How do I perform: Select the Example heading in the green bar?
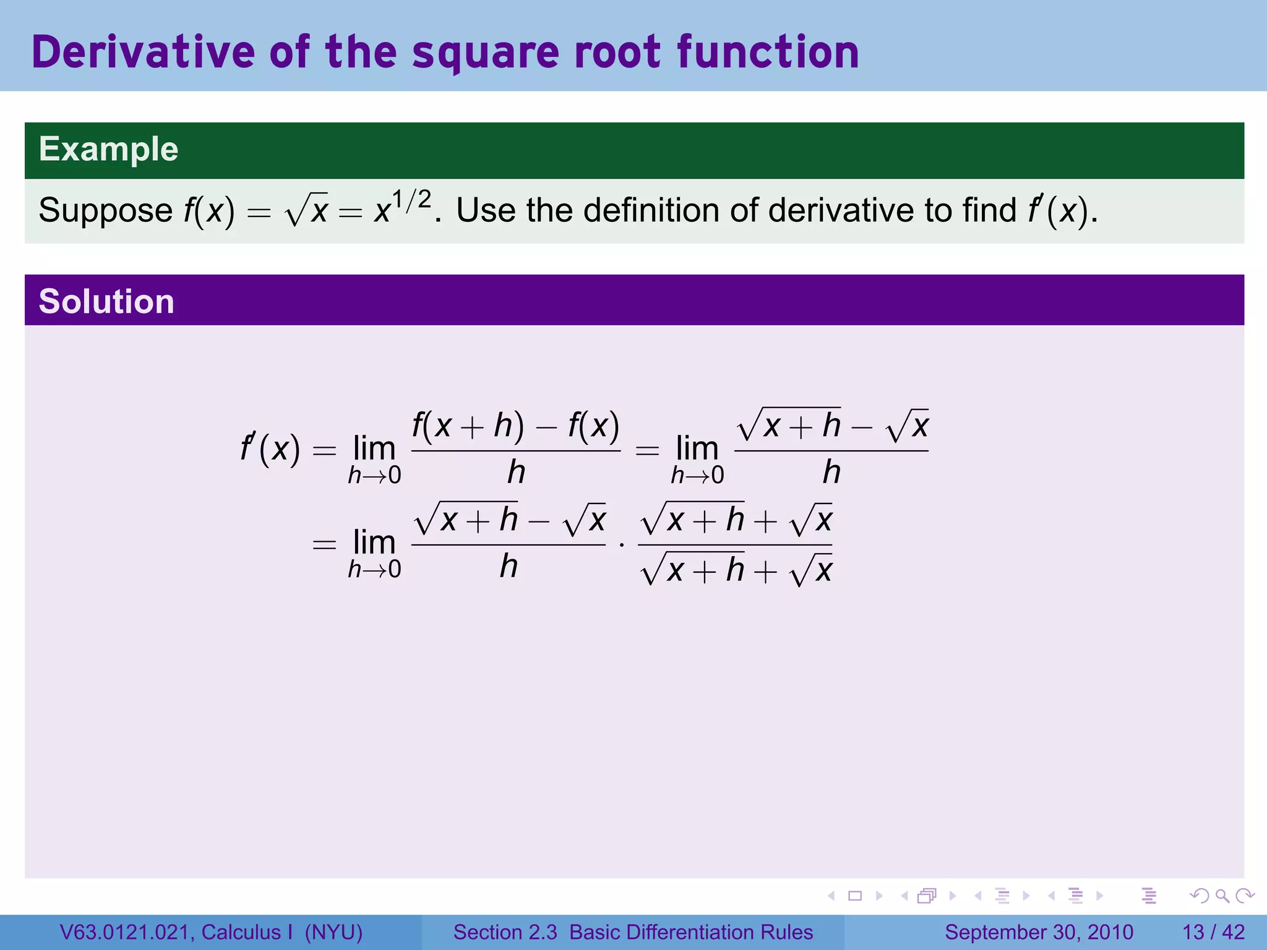click(108, 149)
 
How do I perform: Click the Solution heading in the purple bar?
click(106, 301)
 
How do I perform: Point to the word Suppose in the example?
click(105, 210)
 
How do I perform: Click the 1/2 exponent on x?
click(412, 199)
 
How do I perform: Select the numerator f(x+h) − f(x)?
click(515, 426)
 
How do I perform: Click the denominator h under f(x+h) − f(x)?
click(516, 473)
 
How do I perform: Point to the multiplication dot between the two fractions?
click(622, 545)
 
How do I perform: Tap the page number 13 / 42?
click(1213, 931)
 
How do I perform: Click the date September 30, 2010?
click(1039, 931)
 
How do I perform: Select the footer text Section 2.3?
click(505, 931)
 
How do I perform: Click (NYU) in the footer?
click(333, 931)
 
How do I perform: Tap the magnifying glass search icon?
click(1222, 895)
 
